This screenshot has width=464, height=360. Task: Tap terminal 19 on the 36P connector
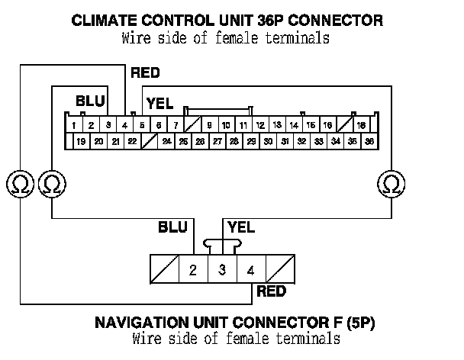81,141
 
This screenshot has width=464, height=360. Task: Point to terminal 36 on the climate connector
369,141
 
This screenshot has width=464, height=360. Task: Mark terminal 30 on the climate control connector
268,141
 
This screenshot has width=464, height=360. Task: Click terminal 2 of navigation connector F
193,269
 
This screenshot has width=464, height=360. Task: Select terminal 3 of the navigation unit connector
222,269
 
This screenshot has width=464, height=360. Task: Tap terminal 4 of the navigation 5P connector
250,269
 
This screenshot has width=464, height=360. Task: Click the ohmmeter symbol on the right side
391,183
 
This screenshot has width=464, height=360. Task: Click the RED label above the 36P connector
145,73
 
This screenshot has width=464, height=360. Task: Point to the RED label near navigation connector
271,291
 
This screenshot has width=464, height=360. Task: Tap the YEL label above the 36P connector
160,101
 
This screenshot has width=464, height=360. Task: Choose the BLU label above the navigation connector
172,227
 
